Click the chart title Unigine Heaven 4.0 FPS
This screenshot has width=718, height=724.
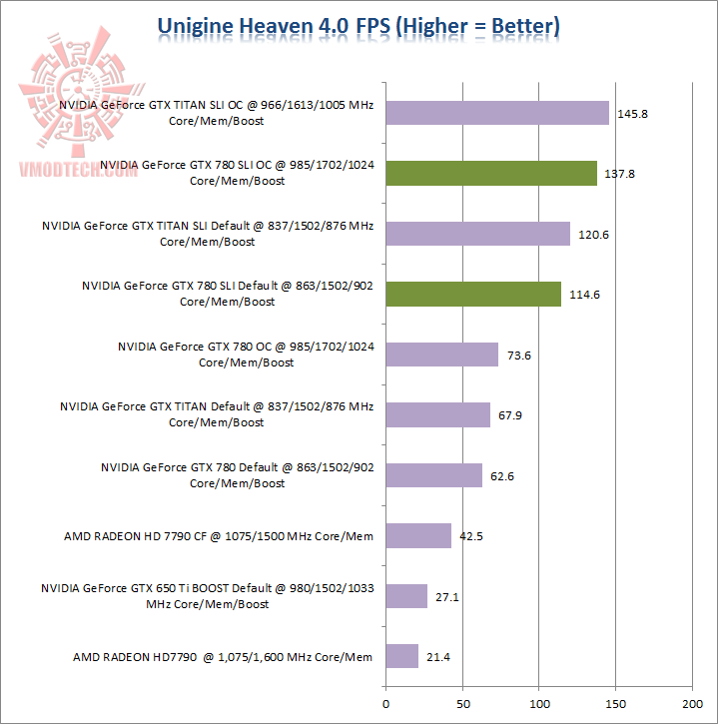click(359, 25)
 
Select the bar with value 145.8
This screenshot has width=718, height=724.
click(496, 113)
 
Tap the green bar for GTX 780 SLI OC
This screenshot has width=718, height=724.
click(490, 174)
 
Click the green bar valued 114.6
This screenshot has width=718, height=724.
click(472, 294)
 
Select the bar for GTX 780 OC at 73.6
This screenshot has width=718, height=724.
click(441, 355)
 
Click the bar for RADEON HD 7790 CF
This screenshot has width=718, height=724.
click(417, 535)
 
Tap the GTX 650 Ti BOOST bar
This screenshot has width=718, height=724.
click(405, 596)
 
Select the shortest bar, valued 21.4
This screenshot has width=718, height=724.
click(401, 656)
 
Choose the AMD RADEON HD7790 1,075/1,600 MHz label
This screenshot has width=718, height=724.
click(223, 657)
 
